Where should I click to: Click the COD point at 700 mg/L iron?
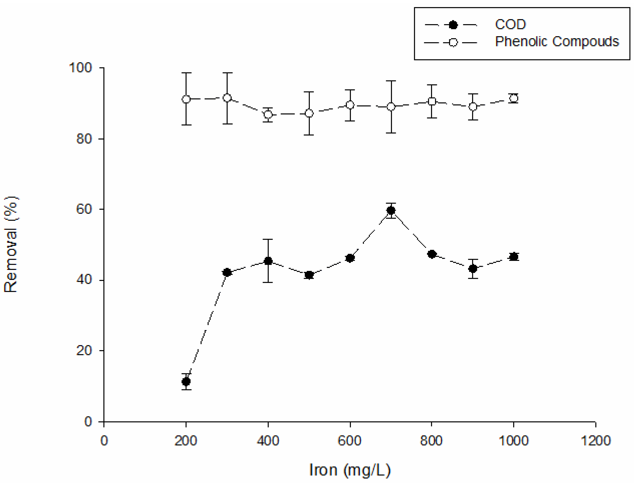tap(391, 211)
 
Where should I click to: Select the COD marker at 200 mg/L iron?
tap(186, 382)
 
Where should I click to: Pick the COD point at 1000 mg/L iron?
tap(513, 256)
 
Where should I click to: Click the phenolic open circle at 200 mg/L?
tap(186, 99)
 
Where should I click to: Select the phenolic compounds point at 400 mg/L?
tap(268, 115)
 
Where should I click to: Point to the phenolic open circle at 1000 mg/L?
tap(513, 98)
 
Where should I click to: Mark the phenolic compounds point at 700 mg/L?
tap(391, 107)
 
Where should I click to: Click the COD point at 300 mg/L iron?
tap(227, 272)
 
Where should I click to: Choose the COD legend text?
tap(510, 25)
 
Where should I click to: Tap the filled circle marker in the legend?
tap(453, 25)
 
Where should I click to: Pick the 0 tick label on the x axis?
tap(104, 441)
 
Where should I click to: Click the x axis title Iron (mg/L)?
tap(350, 470)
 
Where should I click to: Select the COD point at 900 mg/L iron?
tap(472, 268)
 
